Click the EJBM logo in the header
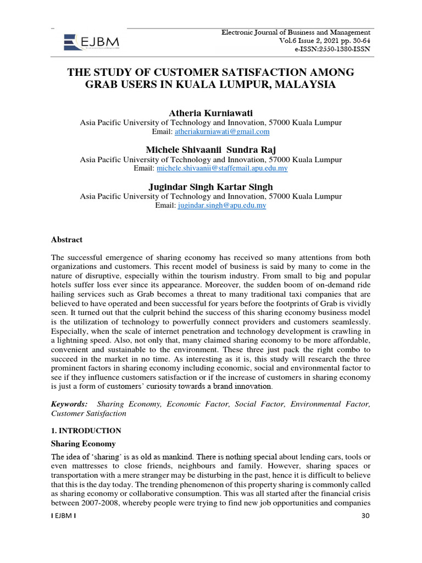pyautogui.click(x=91, y=41)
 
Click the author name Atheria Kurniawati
pyautogui.click(x=210, y=113)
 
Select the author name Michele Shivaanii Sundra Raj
pyautogui.click(x=210, y=150)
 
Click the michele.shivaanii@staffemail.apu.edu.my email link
pyautogui.click(x=222, y=169)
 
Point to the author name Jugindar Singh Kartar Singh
pyautogui.click(x=210, y=187)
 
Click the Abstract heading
pyautogui.click(x=66, y=240)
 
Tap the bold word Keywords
pyautogui.click(x=69, y=404)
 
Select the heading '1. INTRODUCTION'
pyautogui.click(x=86, y=430)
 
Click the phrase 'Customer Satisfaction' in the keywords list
pyautogui.click(x=88, y=413)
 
